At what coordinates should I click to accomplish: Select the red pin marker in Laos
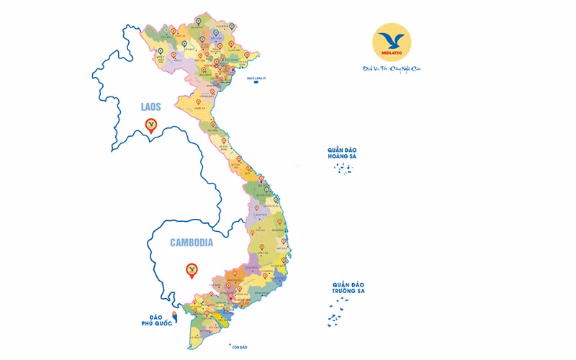coord(150,126)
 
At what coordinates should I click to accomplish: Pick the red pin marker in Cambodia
coord(192,270)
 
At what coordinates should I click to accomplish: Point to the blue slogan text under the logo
coord(391,71)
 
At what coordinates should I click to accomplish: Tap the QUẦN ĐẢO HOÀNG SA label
coord(341,153)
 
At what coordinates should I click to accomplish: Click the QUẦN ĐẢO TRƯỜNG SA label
coord(348,289)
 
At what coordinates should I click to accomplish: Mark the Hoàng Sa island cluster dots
coord(343,168)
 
